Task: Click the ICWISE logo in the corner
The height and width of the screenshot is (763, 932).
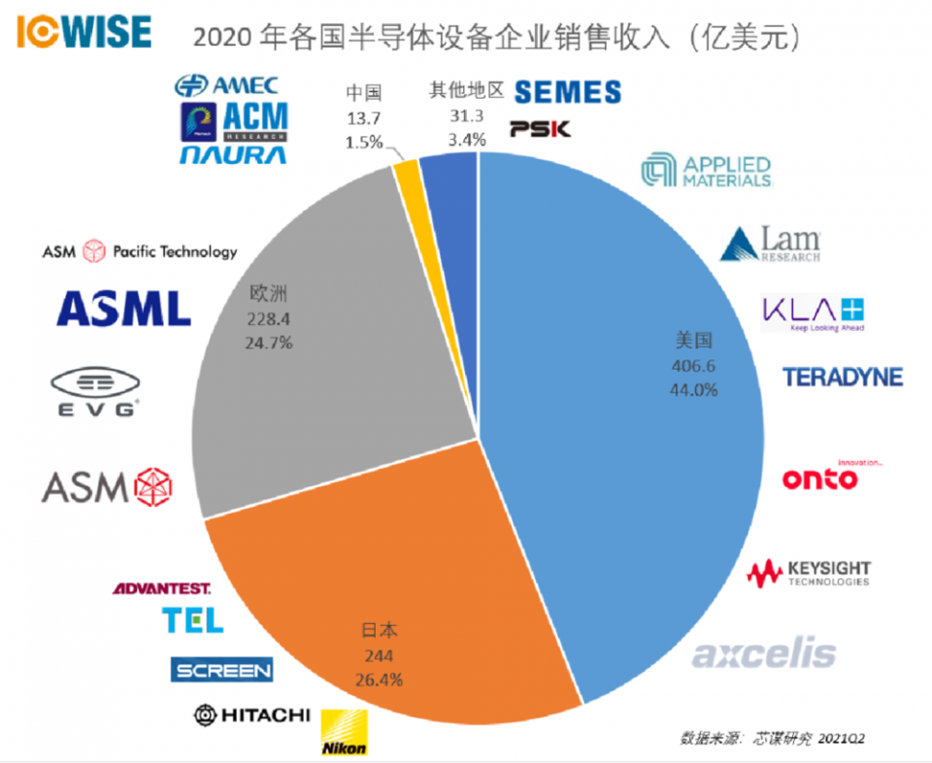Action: coord(84,32)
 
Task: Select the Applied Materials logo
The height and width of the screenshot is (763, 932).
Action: coord(707,171)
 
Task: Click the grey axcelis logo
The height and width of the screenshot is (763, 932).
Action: coord(763,652)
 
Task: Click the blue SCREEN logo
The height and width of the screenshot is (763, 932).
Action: coord(221,670)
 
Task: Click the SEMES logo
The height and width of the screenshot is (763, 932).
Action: coord(567,92)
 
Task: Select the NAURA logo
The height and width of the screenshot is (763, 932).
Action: coord(232,155)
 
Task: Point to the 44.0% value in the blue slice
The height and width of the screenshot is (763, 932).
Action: coord(694,389)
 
